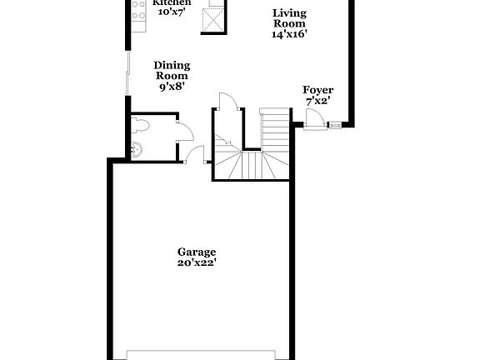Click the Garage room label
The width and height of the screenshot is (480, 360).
pos(197,251)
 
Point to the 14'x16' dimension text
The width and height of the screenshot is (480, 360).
pos(289,36)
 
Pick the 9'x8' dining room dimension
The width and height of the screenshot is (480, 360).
pos(172,86)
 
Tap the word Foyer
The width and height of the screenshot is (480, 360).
pos(317,90)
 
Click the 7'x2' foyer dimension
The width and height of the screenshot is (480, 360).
pos(317,102)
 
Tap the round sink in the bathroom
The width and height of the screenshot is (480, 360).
pos(137,150)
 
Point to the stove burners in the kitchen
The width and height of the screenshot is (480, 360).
pos(138,10)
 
